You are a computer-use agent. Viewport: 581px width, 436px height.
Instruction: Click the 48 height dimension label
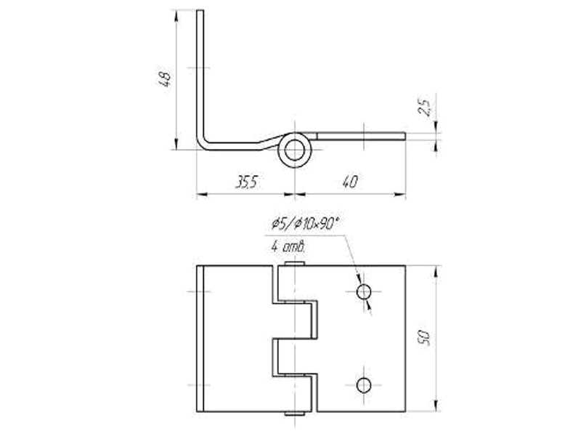(x=165, y=79)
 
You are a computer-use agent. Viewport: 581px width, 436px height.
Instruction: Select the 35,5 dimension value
(x=245, y=182)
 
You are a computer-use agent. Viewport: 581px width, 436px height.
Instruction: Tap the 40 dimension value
(x=349, y=182)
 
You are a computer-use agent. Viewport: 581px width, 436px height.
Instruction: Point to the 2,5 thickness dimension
(x=426, y=108)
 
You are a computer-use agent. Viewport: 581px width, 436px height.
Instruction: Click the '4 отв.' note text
(x=288, y=247)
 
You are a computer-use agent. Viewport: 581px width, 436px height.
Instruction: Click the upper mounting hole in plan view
(x=364, y=292)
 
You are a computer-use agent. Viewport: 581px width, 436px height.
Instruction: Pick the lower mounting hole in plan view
(x=364, y=384)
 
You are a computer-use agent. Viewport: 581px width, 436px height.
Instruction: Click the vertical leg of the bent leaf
(x=199, y=73)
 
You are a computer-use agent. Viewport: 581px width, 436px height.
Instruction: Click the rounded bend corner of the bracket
(x=203, y=142)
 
